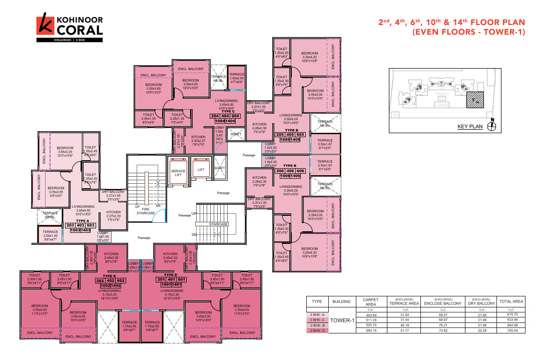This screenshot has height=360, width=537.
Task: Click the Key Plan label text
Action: (470, 127)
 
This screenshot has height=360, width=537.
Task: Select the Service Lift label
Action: (179, 173)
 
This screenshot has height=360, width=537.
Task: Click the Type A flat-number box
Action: (81, 227)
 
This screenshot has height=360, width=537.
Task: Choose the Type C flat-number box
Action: (226, 118)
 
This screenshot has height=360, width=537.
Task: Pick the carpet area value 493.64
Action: (371, 314)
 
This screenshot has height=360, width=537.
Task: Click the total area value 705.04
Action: (511, 331)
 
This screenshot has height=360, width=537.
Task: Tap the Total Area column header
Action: (511, 301)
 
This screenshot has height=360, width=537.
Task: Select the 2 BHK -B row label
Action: (317, 325)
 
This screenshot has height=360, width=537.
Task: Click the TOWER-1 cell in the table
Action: (342, 320)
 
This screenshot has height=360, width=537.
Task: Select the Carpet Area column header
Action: (371, 301)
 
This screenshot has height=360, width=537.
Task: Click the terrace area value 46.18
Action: (403, 325)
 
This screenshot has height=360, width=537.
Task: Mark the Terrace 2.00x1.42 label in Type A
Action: (50, 234)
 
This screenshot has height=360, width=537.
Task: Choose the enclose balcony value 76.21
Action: (442, 325)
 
